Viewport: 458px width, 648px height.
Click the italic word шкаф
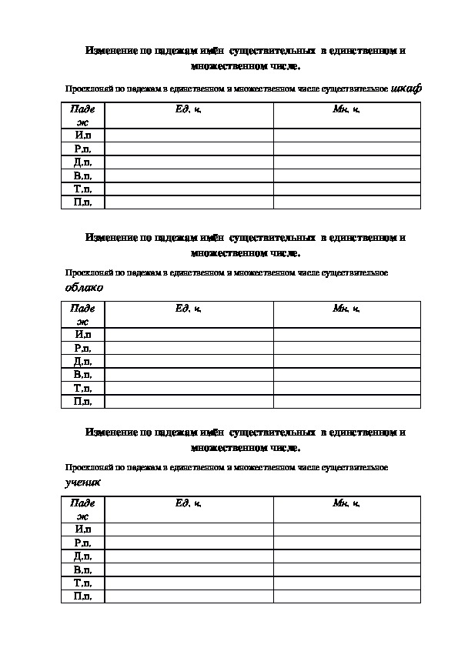click(406, 89)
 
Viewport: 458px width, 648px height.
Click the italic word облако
click(83, 287)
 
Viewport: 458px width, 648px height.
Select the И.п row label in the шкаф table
click(82, 135)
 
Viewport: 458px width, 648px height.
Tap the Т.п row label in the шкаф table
click(82, 189)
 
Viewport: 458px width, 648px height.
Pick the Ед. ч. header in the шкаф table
click(189, 110)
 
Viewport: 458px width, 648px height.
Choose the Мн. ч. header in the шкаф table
click(346, 110)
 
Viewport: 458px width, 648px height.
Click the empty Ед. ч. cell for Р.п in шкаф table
click(189, 149)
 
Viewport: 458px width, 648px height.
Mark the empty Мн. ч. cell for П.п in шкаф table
click(346, 202)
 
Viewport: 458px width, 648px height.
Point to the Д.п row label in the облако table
click(82, 361)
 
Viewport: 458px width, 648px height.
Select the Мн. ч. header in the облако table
click(346, 309)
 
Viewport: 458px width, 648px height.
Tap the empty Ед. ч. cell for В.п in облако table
click(189, 375)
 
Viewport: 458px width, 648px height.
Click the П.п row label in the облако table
click(82, 401)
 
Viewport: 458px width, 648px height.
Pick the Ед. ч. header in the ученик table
click(189, 503)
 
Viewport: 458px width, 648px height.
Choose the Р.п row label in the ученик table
click(82, 543)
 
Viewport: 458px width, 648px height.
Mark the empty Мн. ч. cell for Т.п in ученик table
click(346, 583)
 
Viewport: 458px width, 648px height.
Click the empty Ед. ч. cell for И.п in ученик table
click(189, 529)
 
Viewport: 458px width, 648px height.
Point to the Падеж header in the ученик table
click(82, 509)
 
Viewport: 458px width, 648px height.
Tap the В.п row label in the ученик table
click(82, 570)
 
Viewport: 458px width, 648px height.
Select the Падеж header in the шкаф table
click(82, 115)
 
